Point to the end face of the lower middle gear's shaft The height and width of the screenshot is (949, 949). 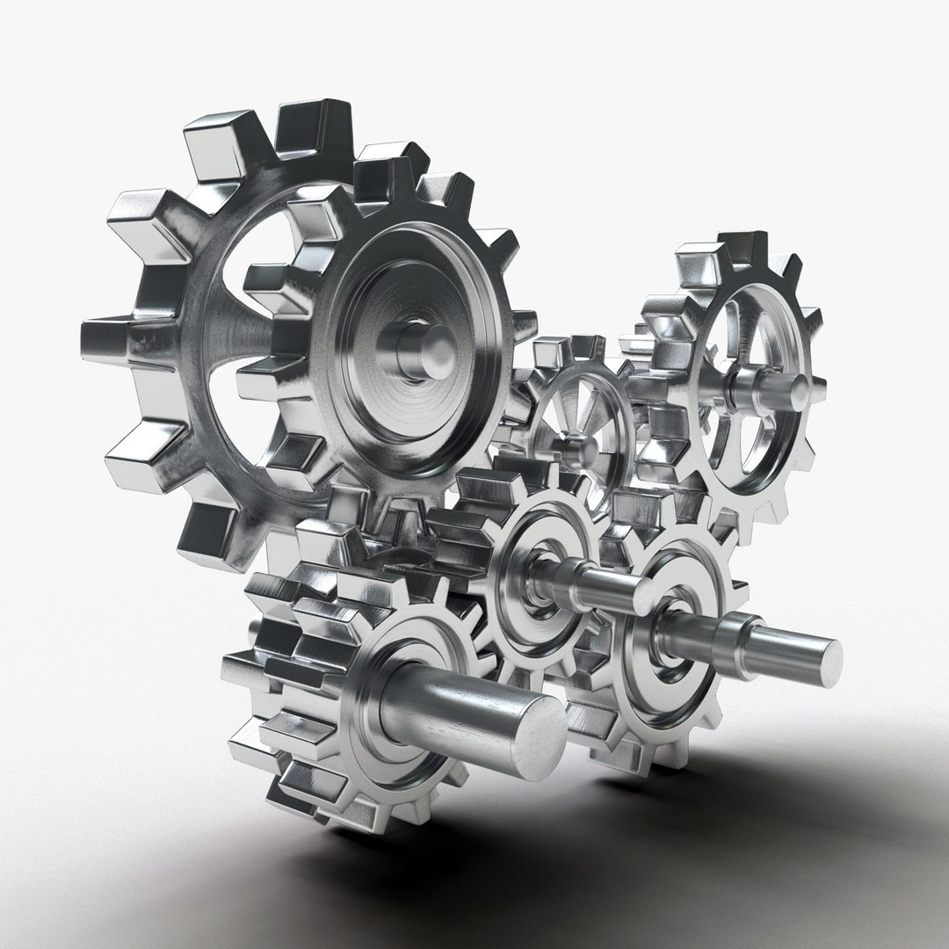click(642, 596)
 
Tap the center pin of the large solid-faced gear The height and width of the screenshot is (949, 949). click(431, 351)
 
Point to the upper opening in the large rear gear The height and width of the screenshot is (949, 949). click(264, 255)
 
